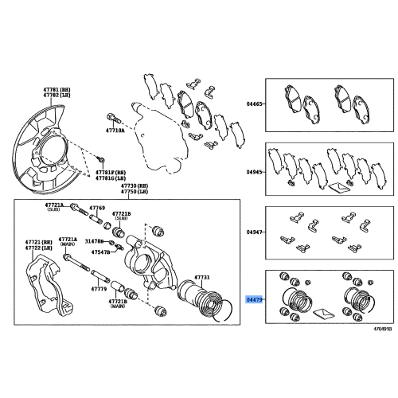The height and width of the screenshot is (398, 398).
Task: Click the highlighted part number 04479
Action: point(254,299)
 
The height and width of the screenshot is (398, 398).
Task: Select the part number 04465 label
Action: point(254,103)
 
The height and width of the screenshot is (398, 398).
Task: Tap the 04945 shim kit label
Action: point(254,171)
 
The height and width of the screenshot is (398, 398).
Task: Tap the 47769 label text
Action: point(96,208)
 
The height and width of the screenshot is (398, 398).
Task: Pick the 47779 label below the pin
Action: point(98,290)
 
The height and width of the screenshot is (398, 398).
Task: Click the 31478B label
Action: point(96,240)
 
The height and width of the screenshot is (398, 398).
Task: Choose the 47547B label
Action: point(100,252)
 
